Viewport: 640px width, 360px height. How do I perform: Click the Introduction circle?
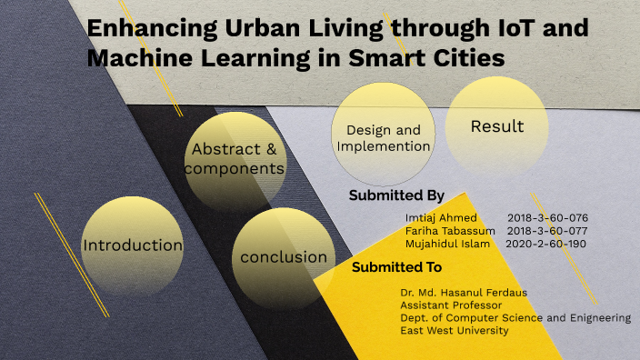(x=133, y=245)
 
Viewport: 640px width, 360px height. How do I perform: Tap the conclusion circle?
(x=283, y=257)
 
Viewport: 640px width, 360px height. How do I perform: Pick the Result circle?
(x=497, y=126)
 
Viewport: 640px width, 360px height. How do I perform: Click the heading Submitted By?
(x=395, y=195)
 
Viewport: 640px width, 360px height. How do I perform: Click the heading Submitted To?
(x=396, y=267)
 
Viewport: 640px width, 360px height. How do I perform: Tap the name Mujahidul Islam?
(x=447, y=244)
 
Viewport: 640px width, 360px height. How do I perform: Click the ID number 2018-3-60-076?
(x=547, y=218)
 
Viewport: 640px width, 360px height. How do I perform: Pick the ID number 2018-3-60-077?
(x=547, y=231)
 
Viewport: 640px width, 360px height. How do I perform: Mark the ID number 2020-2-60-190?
(x=545, y=244)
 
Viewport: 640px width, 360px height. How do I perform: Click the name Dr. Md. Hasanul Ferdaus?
(x=464, y=293)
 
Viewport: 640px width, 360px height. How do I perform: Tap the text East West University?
(x=455, y=331)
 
